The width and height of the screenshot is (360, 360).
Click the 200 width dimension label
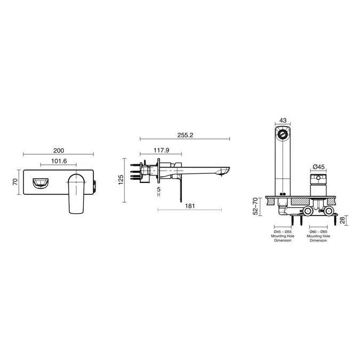(x=59, y=150)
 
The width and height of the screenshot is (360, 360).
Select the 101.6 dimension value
(x=59, y=161)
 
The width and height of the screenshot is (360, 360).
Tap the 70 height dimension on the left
(x=15, y=182)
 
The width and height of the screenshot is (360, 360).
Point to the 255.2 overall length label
(x=185, y=135)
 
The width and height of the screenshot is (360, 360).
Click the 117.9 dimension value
(x=161, y=150)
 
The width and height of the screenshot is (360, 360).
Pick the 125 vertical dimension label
(x=121, y=180)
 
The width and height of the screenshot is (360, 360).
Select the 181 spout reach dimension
(x=190, y=206)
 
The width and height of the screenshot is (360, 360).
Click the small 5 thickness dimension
(x=159, y=189)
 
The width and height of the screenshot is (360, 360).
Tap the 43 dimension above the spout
(x=283, y=121)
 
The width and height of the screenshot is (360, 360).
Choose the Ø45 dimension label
(x=319, y=167)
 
